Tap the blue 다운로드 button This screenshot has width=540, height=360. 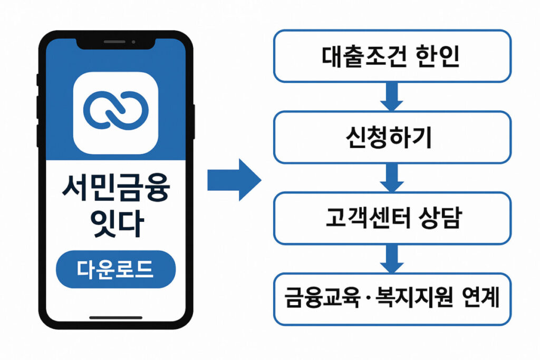[x=115, y=269]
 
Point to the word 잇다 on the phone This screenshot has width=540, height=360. [x=115, y=225]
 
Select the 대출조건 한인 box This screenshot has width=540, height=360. [x=391, y=56]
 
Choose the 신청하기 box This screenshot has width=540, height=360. [x=391, y=137]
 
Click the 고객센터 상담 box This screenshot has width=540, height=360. [x=391, y=218]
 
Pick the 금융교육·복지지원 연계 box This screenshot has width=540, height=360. [x=391, y=299]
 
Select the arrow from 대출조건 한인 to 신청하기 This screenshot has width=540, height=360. [x=391, y=96]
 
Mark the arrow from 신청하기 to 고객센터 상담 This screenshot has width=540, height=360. [x=391, y=178]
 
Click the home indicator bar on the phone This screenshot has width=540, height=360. [x=115, y=317]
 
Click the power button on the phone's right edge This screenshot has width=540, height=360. [x=194, y=121]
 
